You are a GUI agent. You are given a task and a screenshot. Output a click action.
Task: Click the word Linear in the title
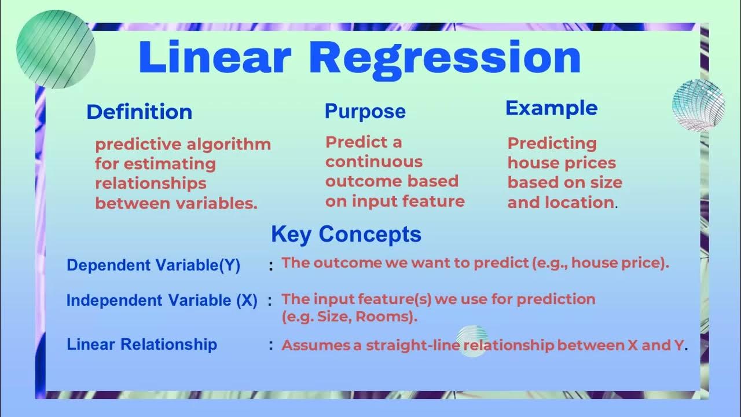tap(214, 57)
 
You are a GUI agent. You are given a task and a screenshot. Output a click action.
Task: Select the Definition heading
tap(139, 112)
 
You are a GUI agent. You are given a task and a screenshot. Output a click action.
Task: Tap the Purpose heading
tap(365, 111)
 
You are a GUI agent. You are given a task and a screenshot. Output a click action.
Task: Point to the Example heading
tap(551, 108)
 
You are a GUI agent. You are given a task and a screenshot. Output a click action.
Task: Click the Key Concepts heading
tap(346, 234)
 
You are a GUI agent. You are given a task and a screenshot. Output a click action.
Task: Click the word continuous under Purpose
tap(373, 162)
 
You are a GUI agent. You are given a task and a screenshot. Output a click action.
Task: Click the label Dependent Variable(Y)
tap(153, 265)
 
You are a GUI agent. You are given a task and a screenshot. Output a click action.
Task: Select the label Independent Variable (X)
tap(162, 300)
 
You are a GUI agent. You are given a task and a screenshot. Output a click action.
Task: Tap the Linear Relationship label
tap(142, 344)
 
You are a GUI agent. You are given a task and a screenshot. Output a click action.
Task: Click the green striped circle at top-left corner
tap(55, 50)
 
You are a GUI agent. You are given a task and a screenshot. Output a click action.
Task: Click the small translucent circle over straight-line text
tap(472, 341)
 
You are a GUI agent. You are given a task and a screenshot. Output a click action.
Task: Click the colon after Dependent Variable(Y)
tap(270, 266)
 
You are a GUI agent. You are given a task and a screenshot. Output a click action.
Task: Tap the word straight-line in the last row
tap(420, 346)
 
